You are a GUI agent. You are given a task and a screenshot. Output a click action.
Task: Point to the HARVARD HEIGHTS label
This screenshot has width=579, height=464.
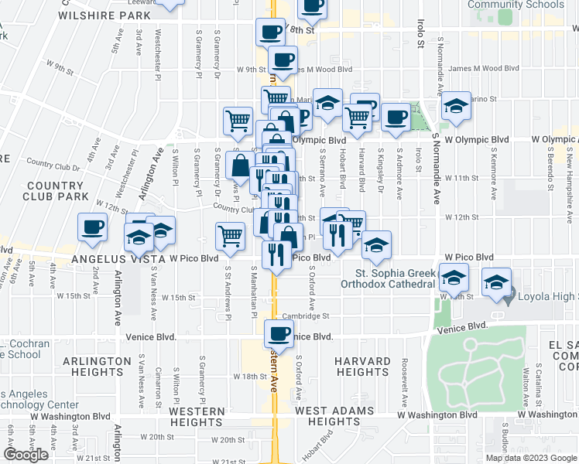pyautogui.click(x=362, y=367)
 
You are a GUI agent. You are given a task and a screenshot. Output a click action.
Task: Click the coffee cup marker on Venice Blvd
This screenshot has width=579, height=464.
pyautogui.click(x=279, y=335)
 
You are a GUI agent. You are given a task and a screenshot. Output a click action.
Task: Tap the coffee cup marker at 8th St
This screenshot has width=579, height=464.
pyautogui.click(x=270, y=32)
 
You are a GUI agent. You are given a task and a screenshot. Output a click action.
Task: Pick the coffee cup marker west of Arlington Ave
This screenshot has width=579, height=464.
pyautogui.click(x=92, y=227)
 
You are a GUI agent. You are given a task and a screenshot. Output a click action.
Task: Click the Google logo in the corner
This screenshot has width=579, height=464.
pyautogui.click(x=26, y=455)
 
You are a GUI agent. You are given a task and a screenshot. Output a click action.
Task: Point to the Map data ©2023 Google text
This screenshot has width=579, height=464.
pyautogui.click(x=530, y=458)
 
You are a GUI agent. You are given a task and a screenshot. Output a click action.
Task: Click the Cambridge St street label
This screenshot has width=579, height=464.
pyautogui.click(x=306, y=316)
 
